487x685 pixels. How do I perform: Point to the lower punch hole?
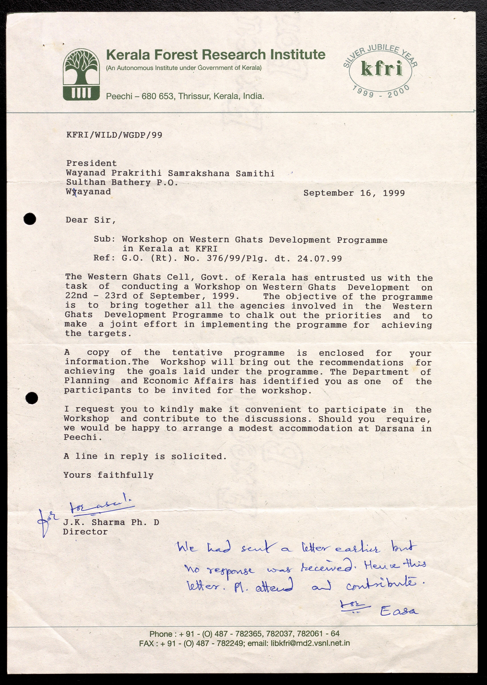[32, 398]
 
